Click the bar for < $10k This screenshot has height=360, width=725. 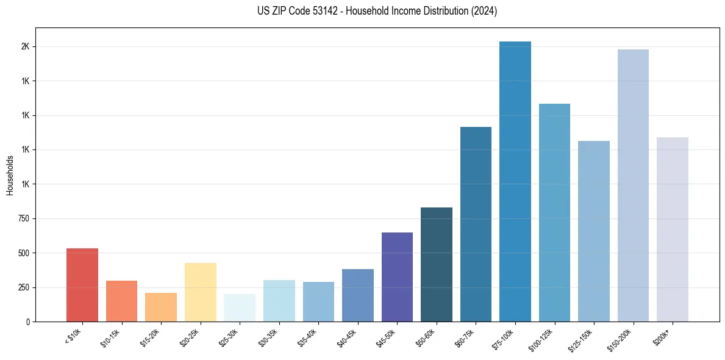pos(82,285)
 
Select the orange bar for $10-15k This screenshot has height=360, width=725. pos(121,301)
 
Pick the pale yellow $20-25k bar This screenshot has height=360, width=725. pos(200,292)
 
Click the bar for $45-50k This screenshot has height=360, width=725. pos(397,277)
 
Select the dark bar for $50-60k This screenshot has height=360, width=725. pos(437,264)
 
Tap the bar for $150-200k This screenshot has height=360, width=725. pos(633,185)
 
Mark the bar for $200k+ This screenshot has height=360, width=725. pos(673,229)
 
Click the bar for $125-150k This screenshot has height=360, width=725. pos(594,231)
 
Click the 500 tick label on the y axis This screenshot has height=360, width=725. pos(24,253)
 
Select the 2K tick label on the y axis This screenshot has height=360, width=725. pos(26,47)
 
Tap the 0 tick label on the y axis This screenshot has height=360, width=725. pos(28,322)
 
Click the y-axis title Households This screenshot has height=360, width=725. pos(10,175)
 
